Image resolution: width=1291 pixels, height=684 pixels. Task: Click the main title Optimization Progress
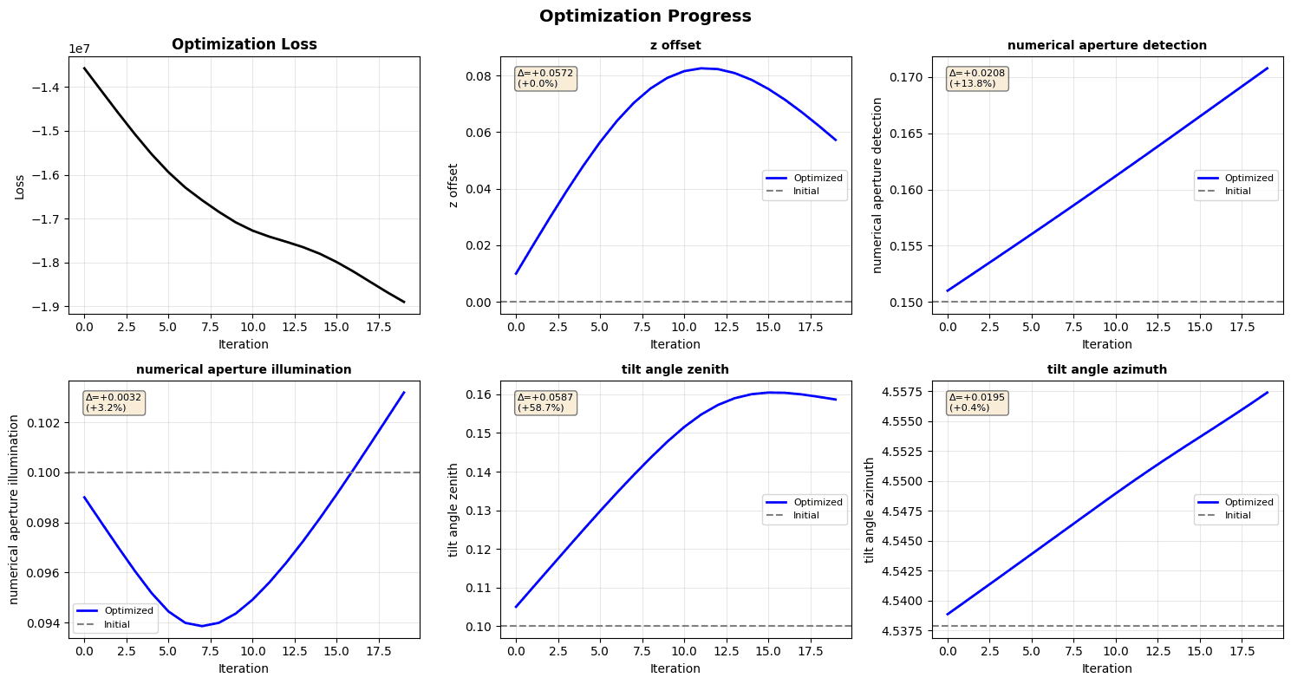click(645, 16)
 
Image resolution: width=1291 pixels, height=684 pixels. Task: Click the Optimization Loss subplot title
click(244, 45)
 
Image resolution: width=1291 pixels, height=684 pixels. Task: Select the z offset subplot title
click(675, 45)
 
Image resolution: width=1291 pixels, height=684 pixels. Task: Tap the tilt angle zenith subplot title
click(675, 369)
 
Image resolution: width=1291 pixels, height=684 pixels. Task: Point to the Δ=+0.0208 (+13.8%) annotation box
click(978, 78)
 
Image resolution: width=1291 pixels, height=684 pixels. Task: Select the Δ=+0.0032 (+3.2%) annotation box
click(114, 402)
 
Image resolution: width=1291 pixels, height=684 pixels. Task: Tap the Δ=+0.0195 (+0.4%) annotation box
click(978, 402)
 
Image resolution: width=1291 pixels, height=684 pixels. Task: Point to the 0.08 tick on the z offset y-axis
click(478, 76)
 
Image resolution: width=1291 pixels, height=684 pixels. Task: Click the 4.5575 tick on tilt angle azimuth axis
click(903, 392)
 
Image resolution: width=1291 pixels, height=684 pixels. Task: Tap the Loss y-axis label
click(19, 185)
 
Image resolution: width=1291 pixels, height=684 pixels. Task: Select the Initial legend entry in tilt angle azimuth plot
click(1236, 515)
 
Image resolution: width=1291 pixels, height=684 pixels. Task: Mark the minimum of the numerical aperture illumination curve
click(202, 626)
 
